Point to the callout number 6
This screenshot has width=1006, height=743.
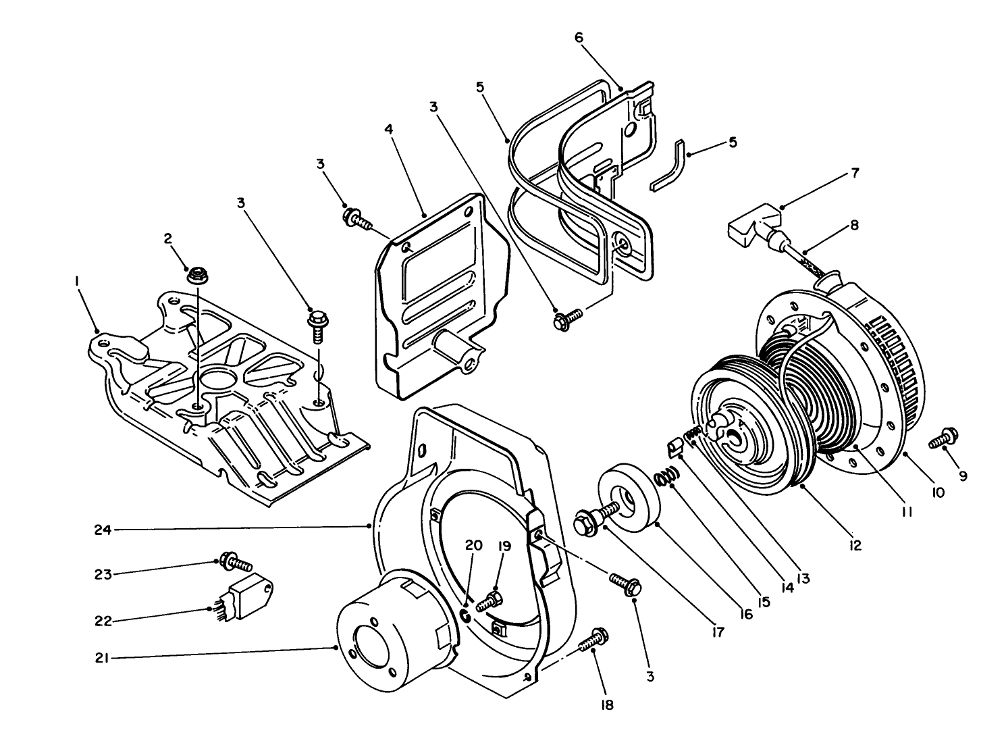tap(579, 37)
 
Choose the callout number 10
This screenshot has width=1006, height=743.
tap(938, 494)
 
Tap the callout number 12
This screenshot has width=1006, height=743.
tap(855, 545)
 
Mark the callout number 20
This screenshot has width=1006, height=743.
tap(474, 545)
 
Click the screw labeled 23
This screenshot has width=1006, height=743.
tap(234, 561)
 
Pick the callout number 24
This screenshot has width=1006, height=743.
tap(103, 530)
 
